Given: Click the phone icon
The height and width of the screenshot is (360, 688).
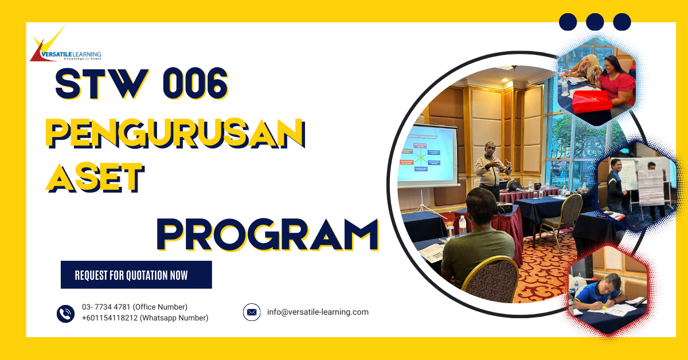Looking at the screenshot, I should pyautogui.click(x=65, y=313).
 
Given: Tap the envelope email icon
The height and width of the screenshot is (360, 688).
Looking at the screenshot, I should pyautogui.click(x=252, y=312).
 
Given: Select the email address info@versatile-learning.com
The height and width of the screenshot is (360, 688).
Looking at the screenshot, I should pyautogui.click(x=318, y=312).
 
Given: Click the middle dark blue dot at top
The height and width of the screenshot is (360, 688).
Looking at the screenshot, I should pyautogui.click(x=595, y=22).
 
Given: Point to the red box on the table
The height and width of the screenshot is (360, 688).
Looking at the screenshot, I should pyautogui.click(x=593, y=101).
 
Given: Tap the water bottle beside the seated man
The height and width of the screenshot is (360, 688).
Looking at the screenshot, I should pyautogui.click(x=462, y=226).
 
